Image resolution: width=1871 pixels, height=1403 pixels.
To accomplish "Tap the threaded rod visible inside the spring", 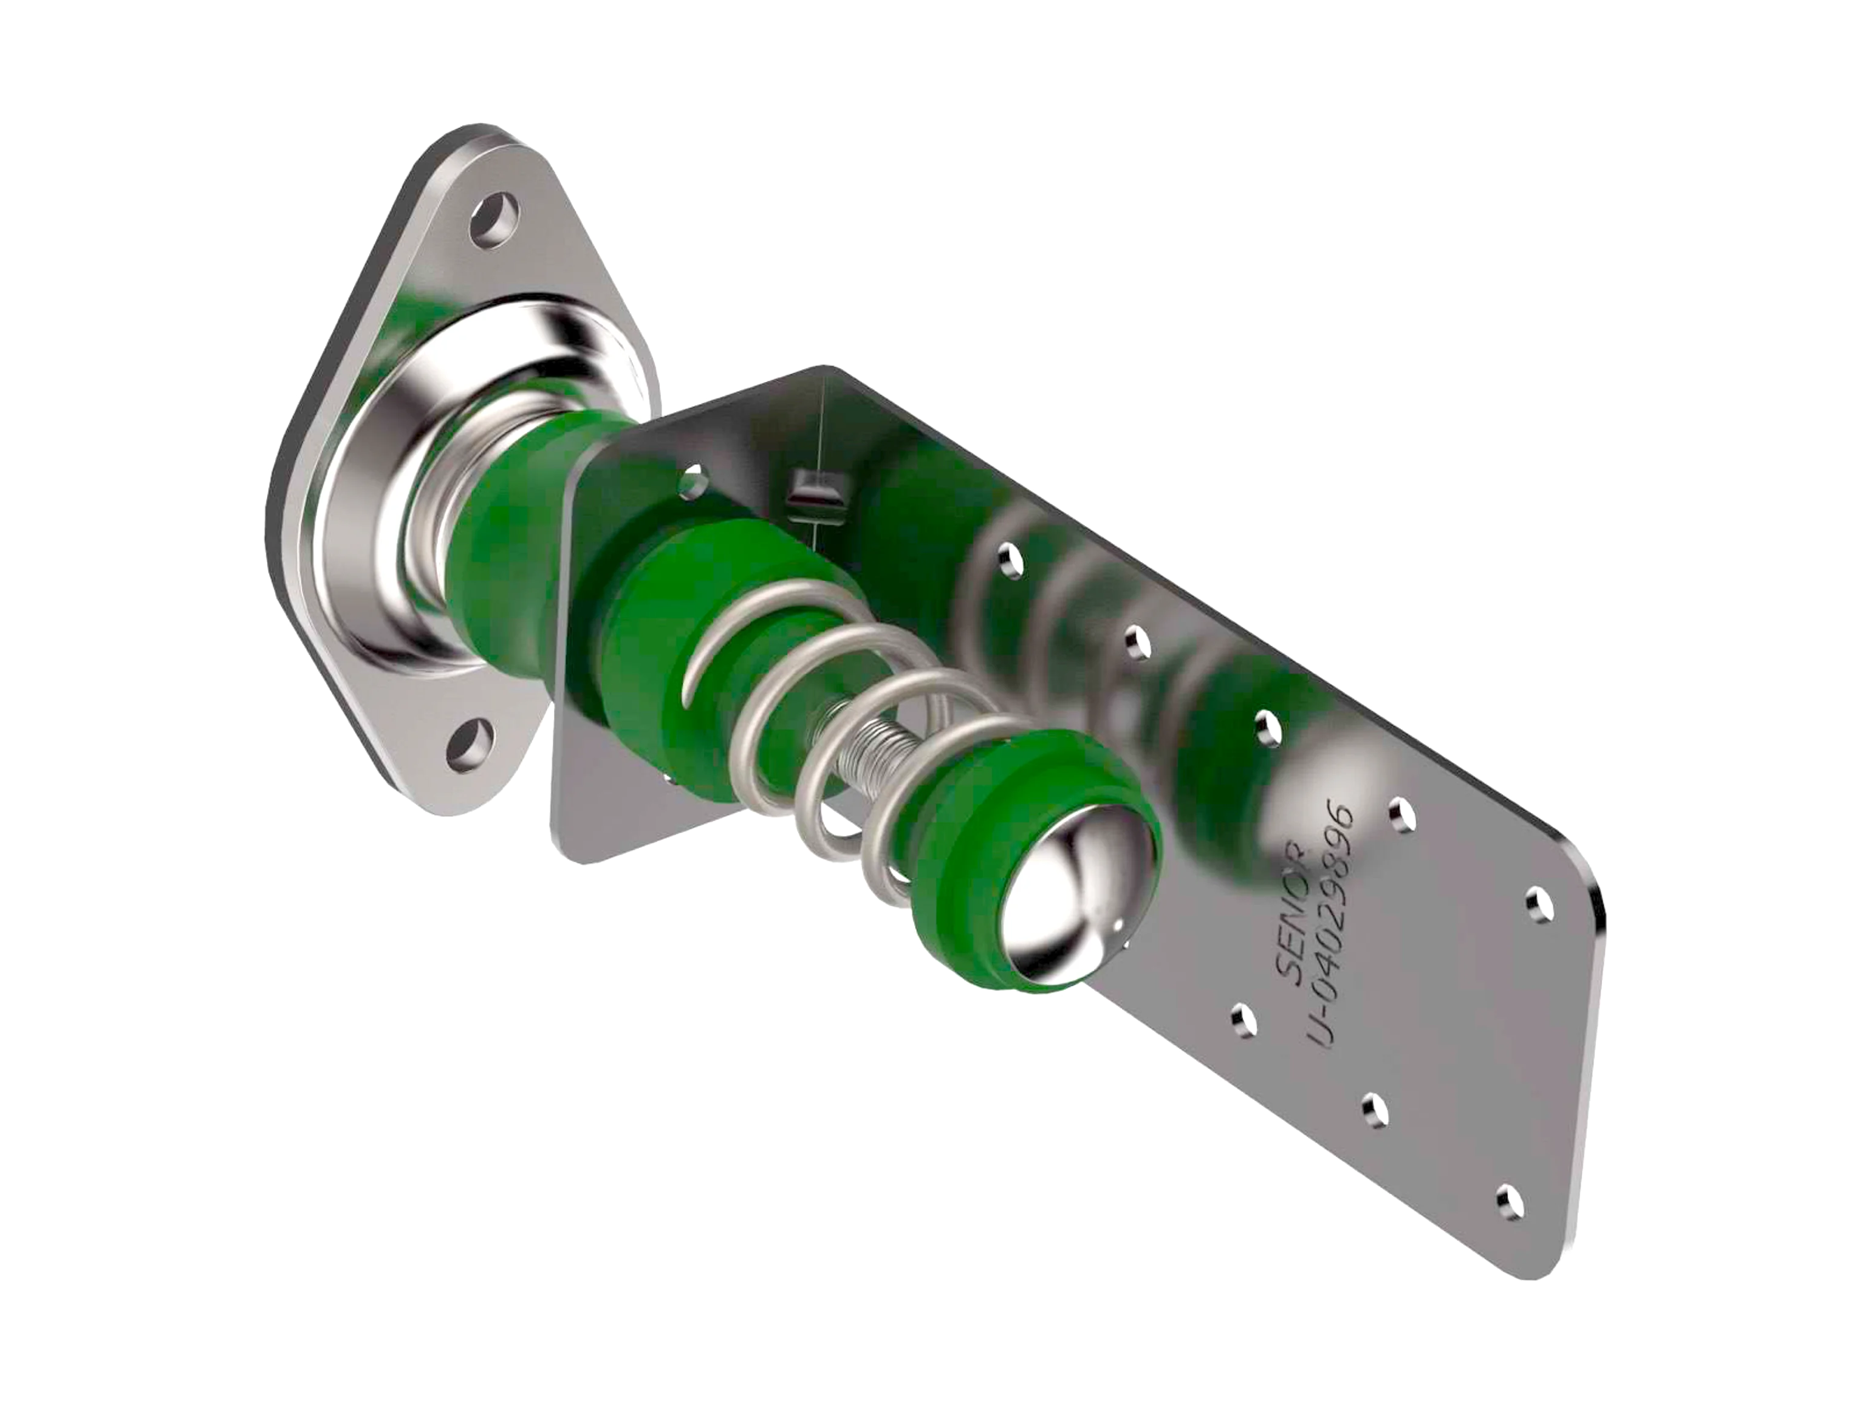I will [871, 744].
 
